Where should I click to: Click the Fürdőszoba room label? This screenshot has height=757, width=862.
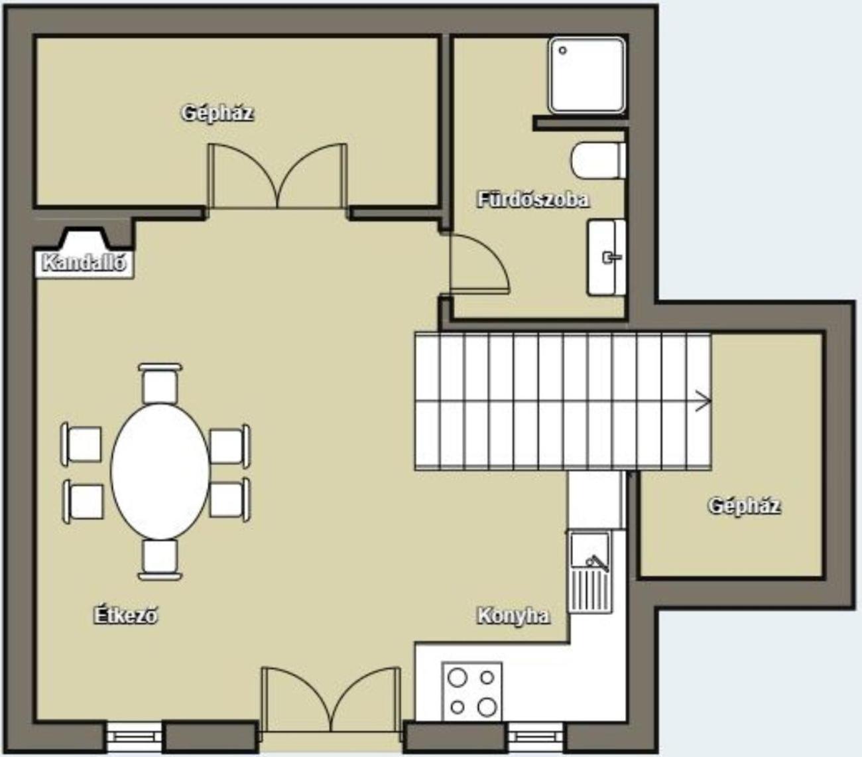[x=534, y=200]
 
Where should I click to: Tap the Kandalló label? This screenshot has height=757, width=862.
[x=84, y=263]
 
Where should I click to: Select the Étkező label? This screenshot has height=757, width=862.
[x=125, y=616]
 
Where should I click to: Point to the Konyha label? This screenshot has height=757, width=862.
[x=513, y=616]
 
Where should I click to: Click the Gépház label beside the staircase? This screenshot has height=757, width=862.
[x=744, y=506]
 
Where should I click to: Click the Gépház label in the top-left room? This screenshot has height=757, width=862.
[x=217, y=113]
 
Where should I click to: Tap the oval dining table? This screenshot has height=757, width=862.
[x=160, y=471]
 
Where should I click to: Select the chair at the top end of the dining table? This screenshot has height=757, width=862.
[x=160, y=383]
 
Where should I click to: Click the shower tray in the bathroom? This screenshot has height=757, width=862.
[x=587, y=76]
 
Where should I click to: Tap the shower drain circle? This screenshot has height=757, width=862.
[x=562, y=50]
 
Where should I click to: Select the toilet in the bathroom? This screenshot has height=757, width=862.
[x=598, y=161]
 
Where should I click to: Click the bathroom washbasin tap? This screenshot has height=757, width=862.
[x=611, y=257]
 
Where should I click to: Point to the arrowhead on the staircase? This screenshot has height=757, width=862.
[x=704, y=401]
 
